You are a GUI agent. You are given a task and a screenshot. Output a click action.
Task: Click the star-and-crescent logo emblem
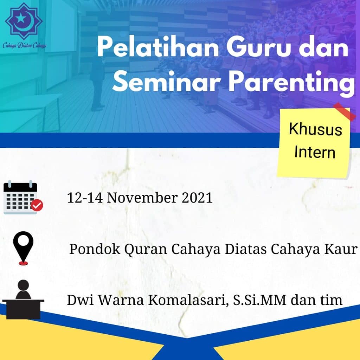[x=24, y=21]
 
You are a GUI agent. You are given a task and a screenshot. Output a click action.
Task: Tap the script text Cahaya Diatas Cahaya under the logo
[x=25, y=45]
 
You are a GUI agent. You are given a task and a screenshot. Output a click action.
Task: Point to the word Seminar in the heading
[x=166, y=82]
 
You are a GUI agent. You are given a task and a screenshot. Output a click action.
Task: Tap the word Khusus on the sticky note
[x=315, y=129]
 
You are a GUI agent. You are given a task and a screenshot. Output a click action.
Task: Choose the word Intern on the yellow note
[x=315, y=152]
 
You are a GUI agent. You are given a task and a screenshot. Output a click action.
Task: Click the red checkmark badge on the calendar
[x=37, y=205]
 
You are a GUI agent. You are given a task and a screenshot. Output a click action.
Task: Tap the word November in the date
[x=142, y=198]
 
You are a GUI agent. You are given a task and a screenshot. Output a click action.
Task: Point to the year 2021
[x=197, y=198]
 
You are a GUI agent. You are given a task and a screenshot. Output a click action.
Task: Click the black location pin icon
[x=23, y=248]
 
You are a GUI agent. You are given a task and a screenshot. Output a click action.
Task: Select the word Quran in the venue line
[x=146, y=249]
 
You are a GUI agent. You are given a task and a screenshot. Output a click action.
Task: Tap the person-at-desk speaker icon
[x=23, y=300]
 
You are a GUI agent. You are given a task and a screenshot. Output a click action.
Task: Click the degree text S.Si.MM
[x=260, y=300]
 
